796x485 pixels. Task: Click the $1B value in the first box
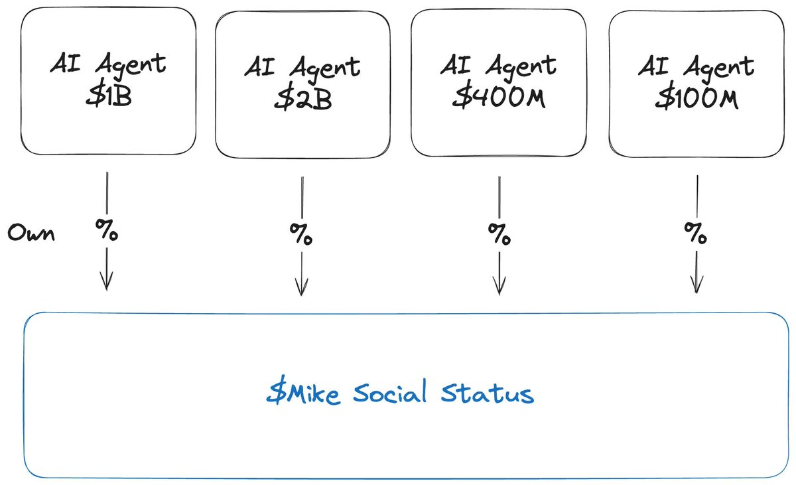click(x=109, y=95)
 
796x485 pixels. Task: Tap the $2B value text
click(x=302, y=98)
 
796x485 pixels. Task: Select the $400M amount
click(x=499, y=96)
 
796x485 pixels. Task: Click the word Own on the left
click(x=31, y=233)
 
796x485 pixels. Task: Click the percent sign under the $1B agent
click(x=107, y=230)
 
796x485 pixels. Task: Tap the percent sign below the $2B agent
click(x=301, y=234)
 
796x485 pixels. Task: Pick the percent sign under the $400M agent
click(x=499, y=234)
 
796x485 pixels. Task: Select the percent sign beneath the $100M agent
click(x=695, y=233)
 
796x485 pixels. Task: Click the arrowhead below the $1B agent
click(x=107, y=281)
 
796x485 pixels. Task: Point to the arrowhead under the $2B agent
click(x=301, y=287)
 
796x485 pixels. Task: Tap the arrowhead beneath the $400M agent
click(x=499, y=286)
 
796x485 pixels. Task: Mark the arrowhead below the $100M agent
click(x=696, y=285)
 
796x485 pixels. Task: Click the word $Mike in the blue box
click(x=303, y=391)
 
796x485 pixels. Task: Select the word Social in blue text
click(x=390, y=391)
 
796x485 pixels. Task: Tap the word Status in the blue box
click(x=488, y=393)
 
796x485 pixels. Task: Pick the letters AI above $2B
click(x=259, y=66)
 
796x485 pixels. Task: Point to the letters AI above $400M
click(x=456, y=64)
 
